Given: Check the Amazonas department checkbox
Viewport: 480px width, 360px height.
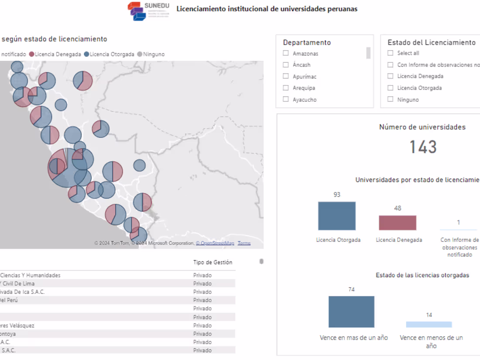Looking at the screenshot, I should point(286,53).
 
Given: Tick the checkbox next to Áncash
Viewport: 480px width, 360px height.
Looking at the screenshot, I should point(286,65).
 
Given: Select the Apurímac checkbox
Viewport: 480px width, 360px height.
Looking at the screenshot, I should point(286,76).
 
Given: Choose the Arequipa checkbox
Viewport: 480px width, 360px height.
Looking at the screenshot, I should point(286,88).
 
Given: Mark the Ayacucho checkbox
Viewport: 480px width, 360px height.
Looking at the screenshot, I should point(286,99).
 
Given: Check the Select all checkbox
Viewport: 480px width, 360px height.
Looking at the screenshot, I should point(391,53).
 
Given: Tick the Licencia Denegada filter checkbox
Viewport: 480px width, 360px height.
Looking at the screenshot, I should point(391,76).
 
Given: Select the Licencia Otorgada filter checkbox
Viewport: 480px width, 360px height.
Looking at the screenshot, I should point(391,88).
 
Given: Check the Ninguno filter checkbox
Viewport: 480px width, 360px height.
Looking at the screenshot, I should point(391,99).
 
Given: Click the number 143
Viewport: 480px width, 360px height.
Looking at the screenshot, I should point(423,147).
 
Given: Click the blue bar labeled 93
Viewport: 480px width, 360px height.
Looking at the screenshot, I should point(336,216).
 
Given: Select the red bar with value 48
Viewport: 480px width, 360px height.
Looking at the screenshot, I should point(397,223).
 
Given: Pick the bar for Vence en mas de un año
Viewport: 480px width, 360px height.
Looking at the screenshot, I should point(351,312).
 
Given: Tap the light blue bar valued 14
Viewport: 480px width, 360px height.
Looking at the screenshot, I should point(429,324).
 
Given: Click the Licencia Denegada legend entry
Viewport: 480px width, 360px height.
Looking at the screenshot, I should point(55,54).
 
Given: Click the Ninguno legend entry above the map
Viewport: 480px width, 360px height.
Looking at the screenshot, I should point(151,54).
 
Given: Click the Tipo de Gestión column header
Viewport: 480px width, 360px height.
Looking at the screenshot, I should point(213,262).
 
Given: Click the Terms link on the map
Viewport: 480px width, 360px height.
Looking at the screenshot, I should point(244,243).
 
